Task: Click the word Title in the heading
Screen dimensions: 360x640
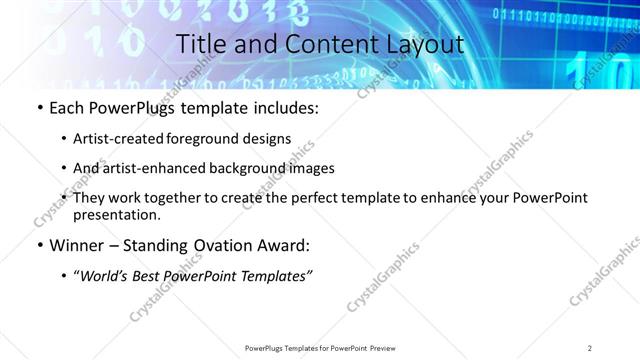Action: click(x=200, y=45)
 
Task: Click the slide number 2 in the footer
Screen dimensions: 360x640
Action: click(x=590, y=347)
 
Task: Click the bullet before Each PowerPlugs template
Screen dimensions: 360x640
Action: click(x=40, y=107)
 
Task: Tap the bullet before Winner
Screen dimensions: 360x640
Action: click(x=40, y=245)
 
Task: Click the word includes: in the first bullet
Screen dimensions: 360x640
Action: click(x=284, y=107)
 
